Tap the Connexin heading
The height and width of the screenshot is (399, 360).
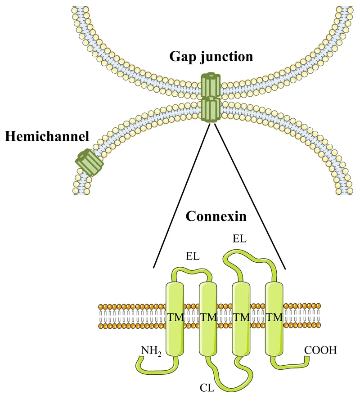click(x=216, y=216)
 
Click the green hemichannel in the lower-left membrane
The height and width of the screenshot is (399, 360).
click(x=89, y=162)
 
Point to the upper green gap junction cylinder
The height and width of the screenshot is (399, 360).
click(x=210, y=85)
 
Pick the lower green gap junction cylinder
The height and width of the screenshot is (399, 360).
click(x=210, y=109)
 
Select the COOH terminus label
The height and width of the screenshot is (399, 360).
click(x=320, y=349)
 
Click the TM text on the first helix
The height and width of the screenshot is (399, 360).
click(x=175, y=317)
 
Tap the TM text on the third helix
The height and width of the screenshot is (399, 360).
click(x=241, y=317)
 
